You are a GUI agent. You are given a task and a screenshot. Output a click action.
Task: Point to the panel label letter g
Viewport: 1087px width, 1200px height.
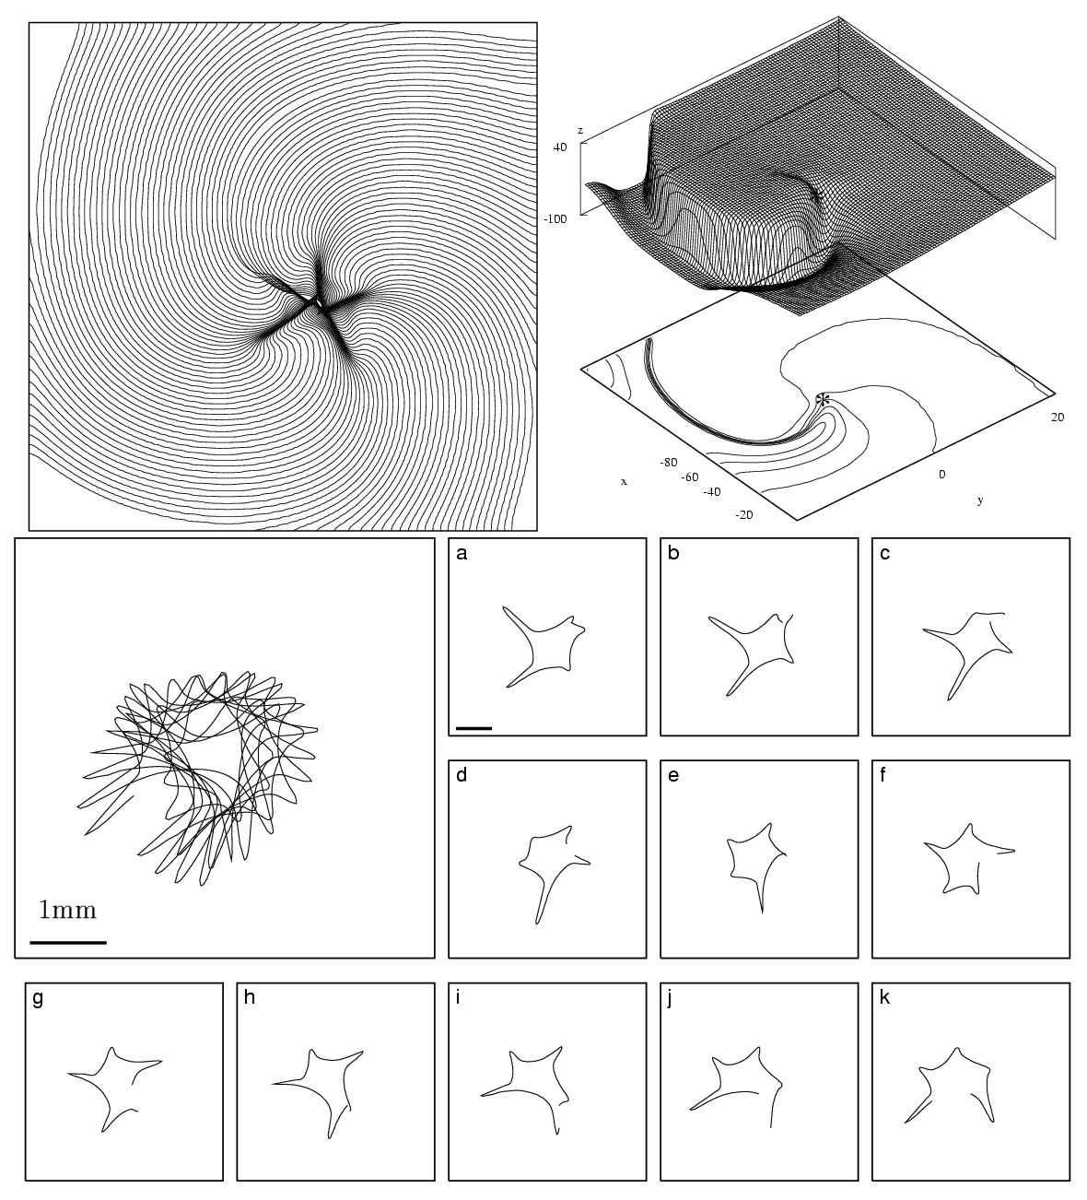38,999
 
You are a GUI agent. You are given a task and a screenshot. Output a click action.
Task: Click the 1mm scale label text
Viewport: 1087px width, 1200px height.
68,911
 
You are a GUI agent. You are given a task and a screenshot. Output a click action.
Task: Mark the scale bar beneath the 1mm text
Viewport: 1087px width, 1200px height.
68,942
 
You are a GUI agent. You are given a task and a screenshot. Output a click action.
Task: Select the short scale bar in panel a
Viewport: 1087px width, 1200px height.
473,728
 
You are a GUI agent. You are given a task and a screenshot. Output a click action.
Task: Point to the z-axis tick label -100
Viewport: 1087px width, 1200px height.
555,218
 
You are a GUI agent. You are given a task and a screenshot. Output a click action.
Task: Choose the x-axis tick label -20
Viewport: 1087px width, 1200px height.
745,515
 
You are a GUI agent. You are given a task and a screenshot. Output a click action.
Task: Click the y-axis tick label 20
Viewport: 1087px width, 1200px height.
1058,417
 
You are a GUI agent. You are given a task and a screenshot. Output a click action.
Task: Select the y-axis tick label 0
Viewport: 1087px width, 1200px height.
941,474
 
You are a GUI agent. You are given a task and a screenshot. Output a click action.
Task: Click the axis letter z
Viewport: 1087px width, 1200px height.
579,131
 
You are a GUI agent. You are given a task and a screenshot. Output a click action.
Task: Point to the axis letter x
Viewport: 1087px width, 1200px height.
624,481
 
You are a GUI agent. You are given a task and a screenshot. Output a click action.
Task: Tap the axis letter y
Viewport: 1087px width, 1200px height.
979,500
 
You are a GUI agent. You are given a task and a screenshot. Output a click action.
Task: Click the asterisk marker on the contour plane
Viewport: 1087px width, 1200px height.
824,399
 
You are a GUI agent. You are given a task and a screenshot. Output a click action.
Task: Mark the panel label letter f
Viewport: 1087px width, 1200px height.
883,775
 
